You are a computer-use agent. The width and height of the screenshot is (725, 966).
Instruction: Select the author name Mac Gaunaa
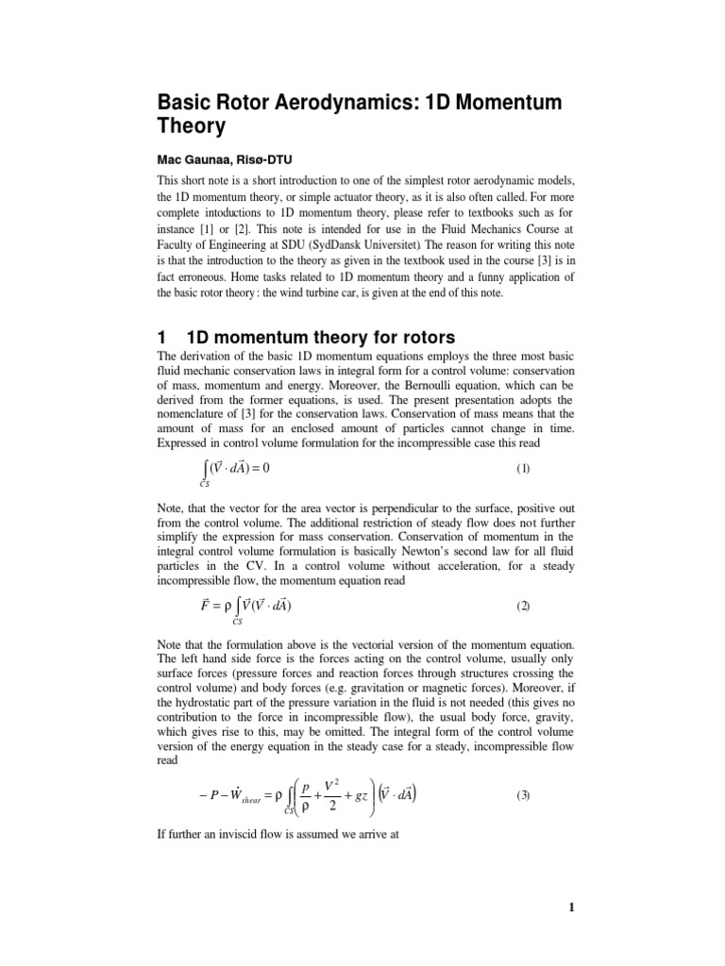tap(188, 156)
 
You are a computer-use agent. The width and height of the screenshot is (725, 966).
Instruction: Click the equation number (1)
tap(523, 468)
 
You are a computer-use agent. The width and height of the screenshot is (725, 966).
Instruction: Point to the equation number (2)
tap(523, 607)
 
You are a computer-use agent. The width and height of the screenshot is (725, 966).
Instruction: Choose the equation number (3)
tap(523, 795)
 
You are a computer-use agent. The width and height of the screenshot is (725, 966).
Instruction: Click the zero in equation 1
tap(278, 467)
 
